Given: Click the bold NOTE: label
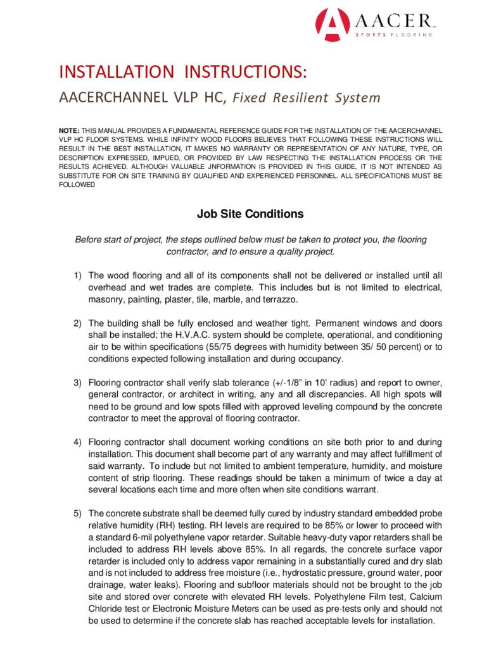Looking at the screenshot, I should (68, 129).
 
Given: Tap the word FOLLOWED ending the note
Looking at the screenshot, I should (77, 185).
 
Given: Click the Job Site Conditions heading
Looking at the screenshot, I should (250, 214).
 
